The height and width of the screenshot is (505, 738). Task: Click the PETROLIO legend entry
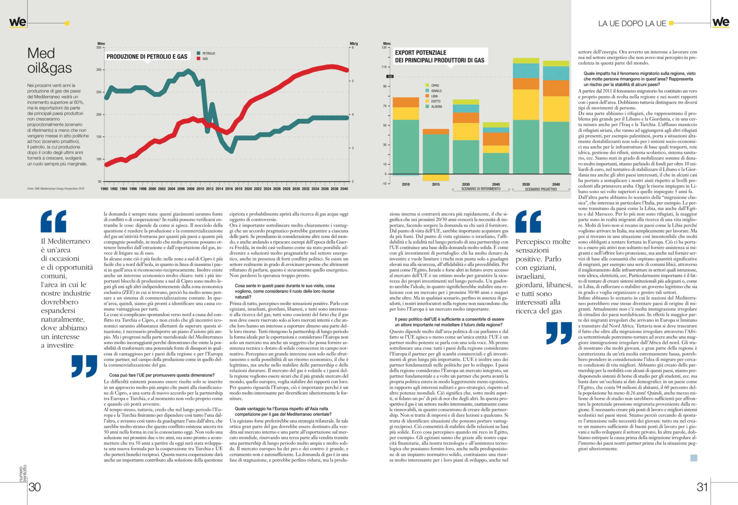click(x=208, y=53)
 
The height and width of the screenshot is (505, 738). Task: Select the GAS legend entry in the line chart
click(x=205, y=59)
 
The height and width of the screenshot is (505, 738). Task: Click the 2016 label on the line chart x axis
click(x=229, y=189)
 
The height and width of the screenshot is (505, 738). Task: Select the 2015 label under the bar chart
click(x=436, y=184)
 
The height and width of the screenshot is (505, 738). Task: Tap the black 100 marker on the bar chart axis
click(x=390, y=77)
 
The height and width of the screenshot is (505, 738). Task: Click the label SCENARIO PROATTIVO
click(x=541, y=189)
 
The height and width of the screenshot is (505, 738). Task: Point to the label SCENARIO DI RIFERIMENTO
click(x=480, y=189)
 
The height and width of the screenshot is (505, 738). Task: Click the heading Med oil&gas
click(x=49, y=61)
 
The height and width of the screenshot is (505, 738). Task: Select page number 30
click(x=35, y=487)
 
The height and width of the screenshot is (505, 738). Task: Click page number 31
click(x=702, y=487)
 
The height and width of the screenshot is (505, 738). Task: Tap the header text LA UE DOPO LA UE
click(x=632, y=24)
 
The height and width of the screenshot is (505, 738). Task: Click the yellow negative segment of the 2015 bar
click(x=436, y=177)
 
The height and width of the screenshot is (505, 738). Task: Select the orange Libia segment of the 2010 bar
click(x=406, y=102)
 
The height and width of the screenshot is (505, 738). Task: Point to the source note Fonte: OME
click(x=56, y=189)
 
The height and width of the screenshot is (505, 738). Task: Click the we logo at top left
click(x=17, y=22)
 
